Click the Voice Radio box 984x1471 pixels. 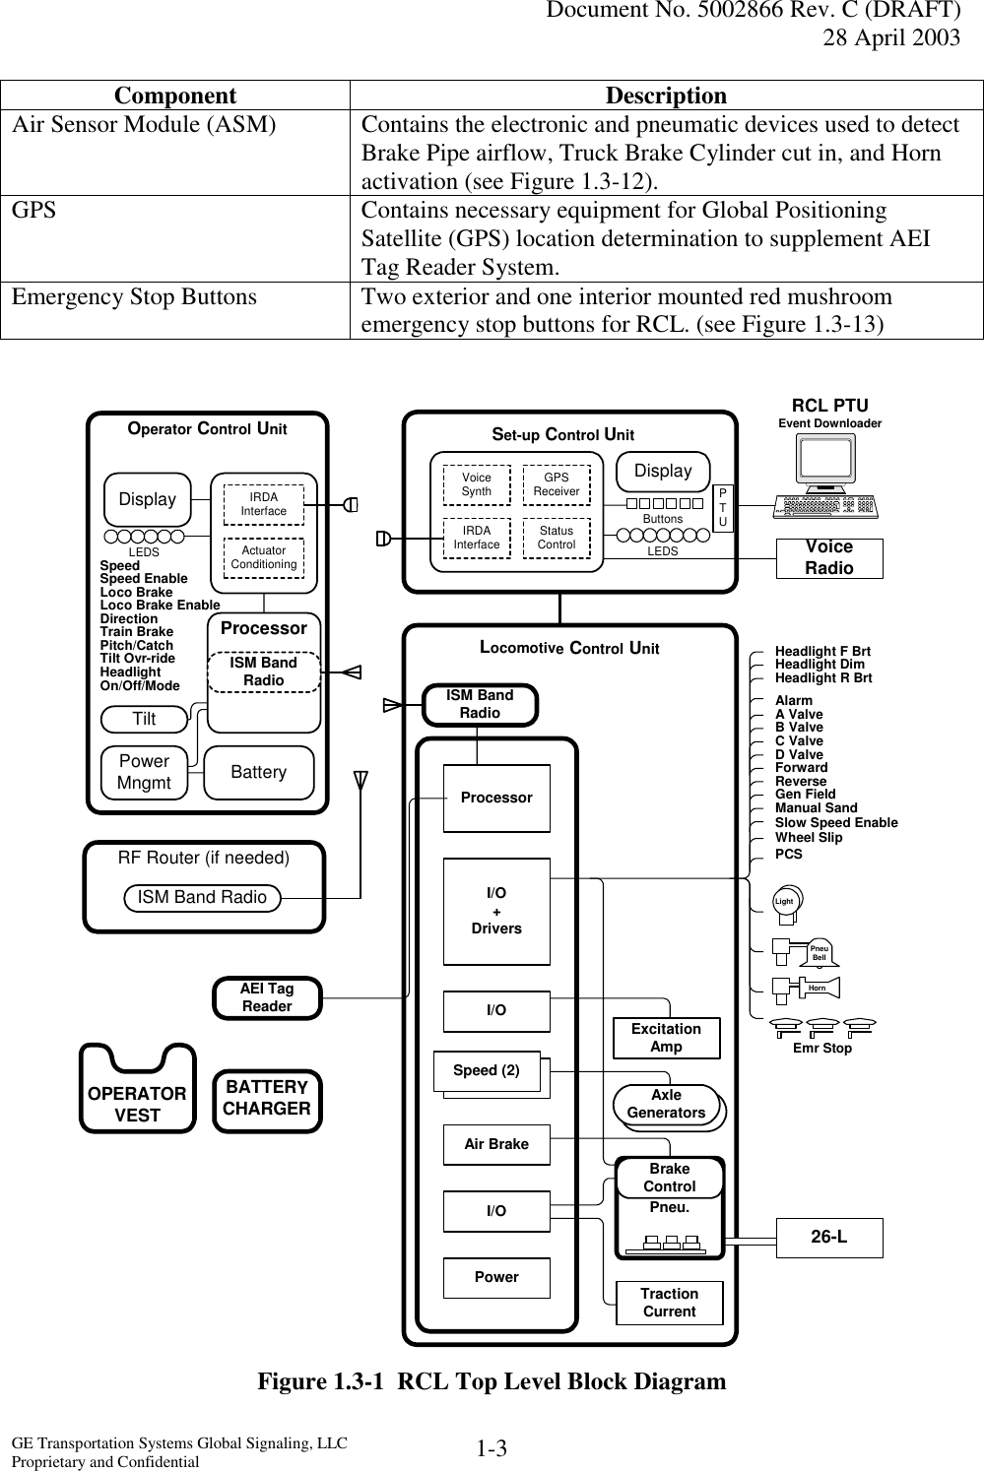(x=829, y=558)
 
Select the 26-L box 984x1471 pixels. (x=829, y=1238)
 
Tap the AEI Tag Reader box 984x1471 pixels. (x=267, y=997)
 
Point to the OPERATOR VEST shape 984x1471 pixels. (x=137, y=1094)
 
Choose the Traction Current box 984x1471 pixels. (x=669, y=1303)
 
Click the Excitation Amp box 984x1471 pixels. (x=666, y=1038)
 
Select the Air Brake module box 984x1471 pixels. (x=496, y=1144)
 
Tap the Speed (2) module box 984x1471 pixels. (x=488, y=1071)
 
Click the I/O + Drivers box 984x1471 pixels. (x=496, y=911)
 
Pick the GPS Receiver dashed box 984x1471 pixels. (x=557, y=484)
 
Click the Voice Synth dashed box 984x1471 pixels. (x=477, y=484)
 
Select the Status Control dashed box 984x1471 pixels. (x=557, y=539)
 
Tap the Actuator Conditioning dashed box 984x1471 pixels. (x=263, y=557)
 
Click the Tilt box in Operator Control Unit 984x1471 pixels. (x=145, y=720)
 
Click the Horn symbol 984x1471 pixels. (x=814, y=987)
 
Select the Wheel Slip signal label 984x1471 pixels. (x=809, y=837)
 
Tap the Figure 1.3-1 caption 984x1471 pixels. (x=492, y=1381)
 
